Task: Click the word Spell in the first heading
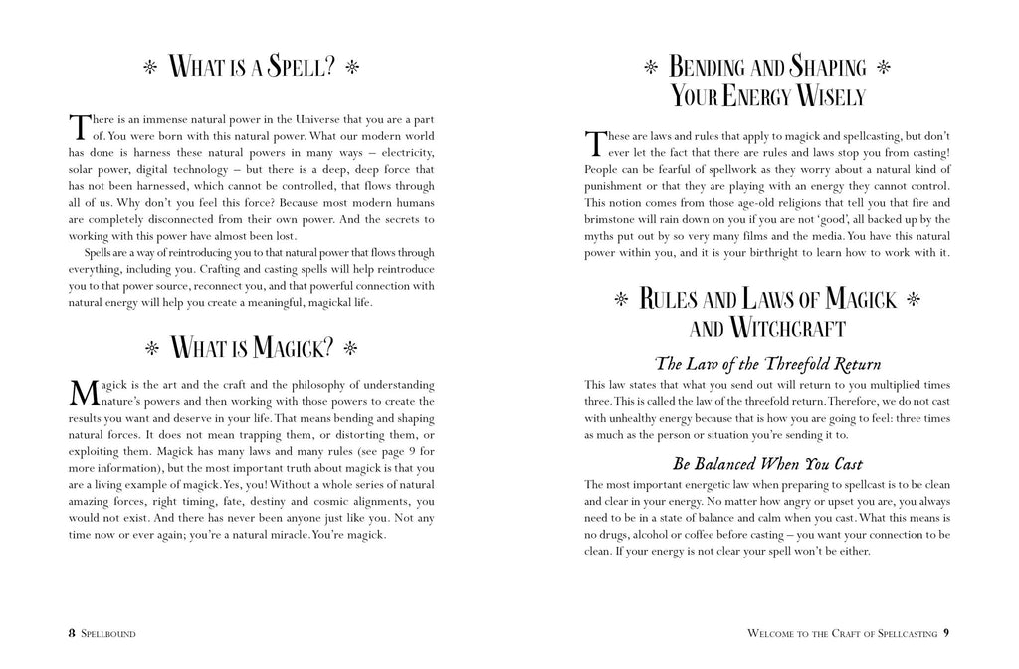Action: [296, 69]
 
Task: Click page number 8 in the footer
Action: [71, 632]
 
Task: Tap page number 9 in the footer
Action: [946, 632]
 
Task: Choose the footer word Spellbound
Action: [108, 633]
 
